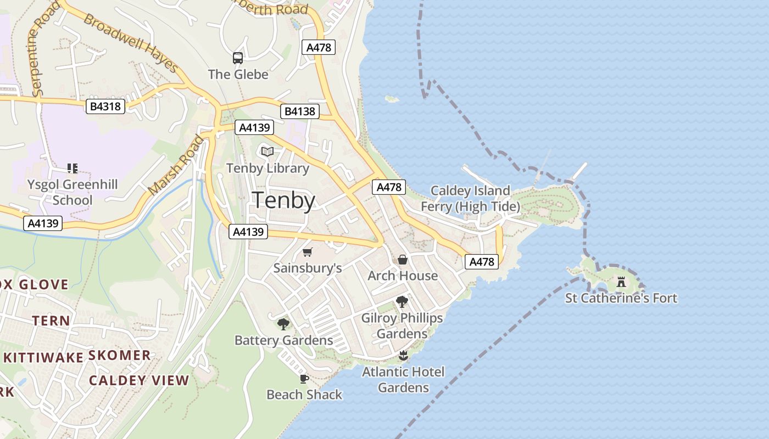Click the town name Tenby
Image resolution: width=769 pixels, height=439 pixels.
coord(283,201)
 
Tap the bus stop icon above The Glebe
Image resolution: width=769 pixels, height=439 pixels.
coord(238,58)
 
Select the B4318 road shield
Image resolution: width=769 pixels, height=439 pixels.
coord(105,106)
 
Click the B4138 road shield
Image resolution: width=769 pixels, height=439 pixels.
coord(299,111)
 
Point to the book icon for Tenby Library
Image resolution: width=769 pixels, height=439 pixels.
coord(268,152)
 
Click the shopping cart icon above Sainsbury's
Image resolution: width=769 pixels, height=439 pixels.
coord(308,252)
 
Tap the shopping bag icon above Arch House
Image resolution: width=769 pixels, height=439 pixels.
coord(403,260)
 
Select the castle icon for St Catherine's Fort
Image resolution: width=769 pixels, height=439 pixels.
coord(621,282)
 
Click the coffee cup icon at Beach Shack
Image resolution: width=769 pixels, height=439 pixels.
coord(304,379)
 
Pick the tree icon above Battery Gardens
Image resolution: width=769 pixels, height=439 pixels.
coord(283,324)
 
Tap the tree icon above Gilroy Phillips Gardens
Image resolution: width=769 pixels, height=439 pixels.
coord(402,301)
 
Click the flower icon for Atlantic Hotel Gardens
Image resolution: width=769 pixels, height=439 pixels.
coord(403,356)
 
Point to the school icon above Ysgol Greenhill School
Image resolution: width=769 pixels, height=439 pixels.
coord(73,168)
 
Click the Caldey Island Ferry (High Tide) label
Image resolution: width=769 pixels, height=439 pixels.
coord(470,199)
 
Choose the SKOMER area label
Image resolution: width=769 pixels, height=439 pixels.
coord(120,355)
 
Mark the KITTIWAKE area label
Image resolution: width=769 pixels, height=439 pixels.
coord(43,358)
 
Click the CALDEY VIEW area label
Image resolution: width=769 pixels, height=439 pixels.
coord(139,380)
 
